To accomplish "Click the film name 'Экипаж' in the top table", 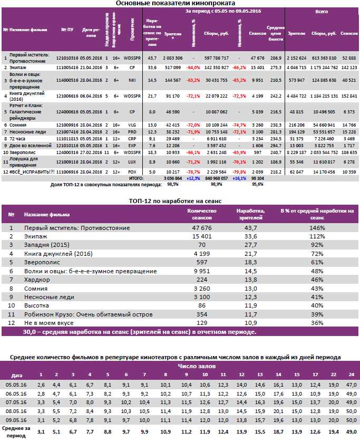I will pyautogui.click(x=18, y=68).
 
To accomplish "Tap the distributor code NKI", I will pyautogui.click(x=133, y=80).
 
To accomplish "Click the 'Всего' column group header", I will pyautogui.click(x=322, y=11).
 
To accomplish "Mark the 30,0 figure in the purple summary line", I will pyautogui.click(x=31, y=332).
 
